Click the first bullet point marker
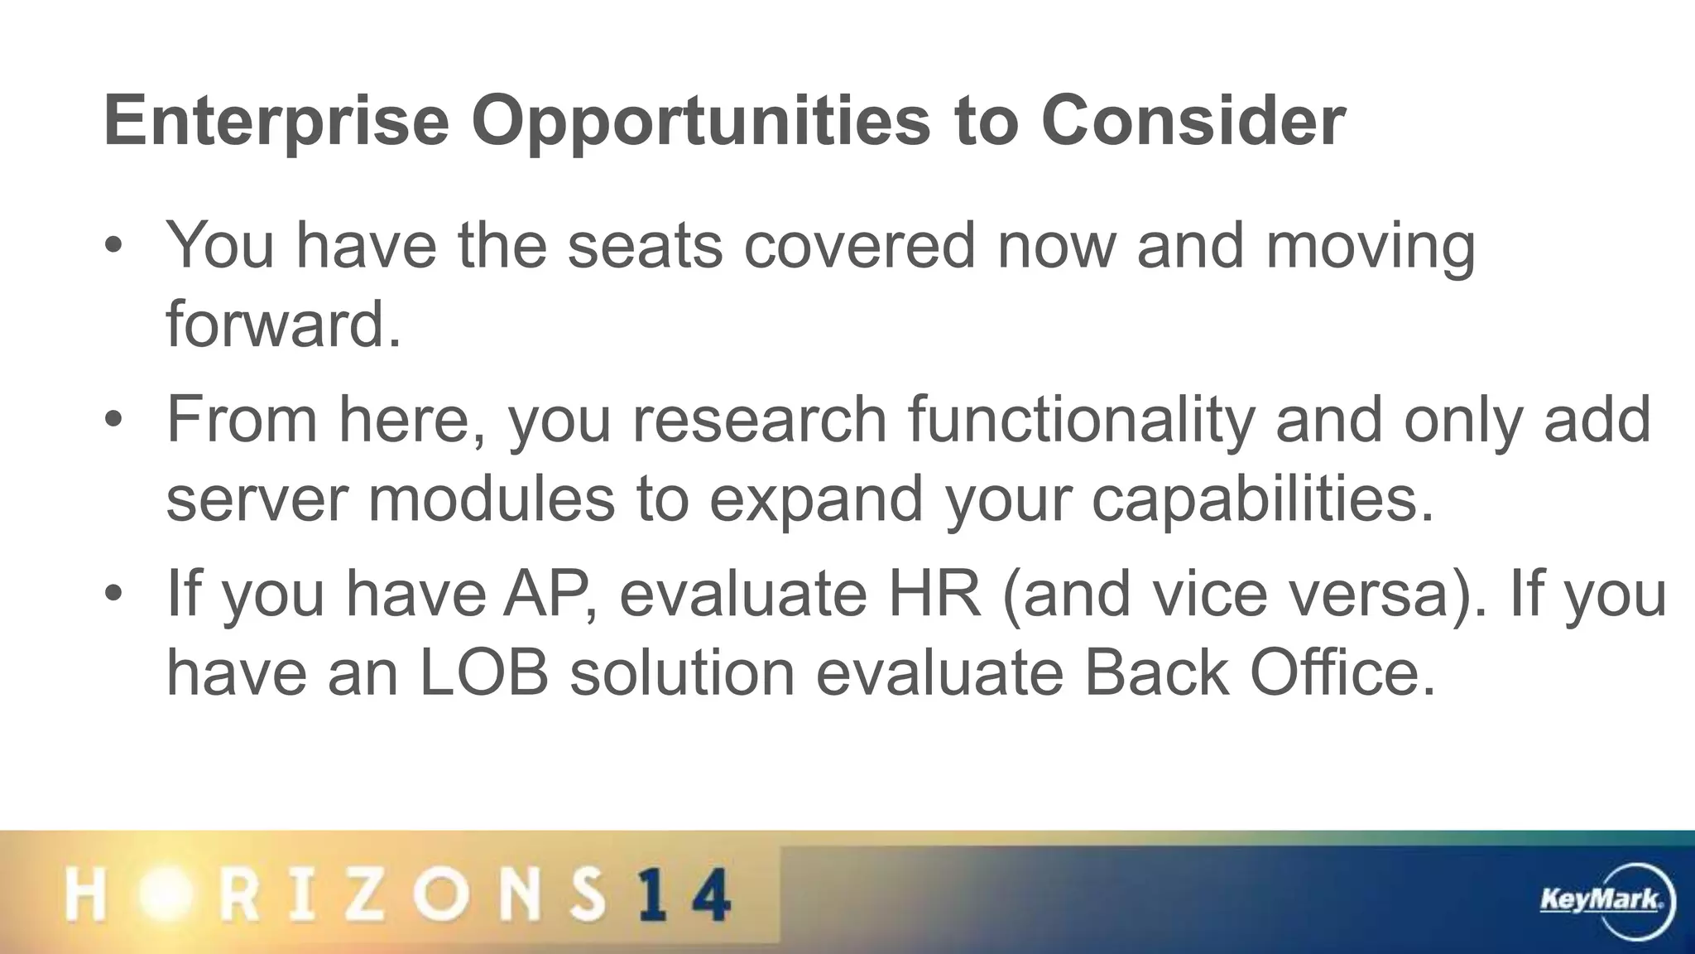[113, 247]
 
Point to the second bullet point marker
[113, 421]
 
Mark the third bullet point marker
[113, 594]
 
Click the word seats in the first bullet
[645, 246]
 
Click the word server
[257, 499]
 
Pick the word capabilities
[1262, 499]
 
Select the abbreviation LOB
[484, 672]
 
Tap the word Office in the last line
[1341, 672]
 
